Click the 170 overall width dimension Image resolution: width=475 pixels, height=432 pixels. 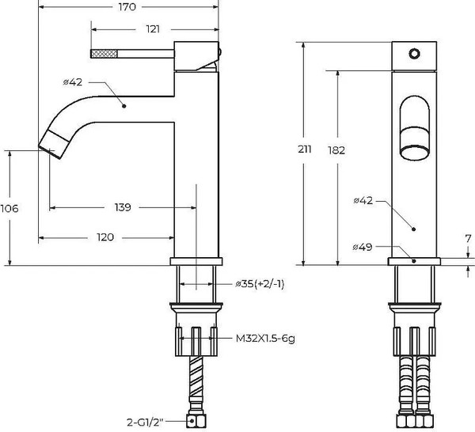coord(127,8)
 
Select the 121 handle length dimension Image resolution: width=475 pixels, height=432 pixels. coord(153,29)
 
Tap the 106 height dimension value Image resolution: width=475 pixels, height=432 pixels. coord(9,208)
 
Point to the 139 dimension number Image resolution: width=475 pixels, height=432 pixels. coord(122,207)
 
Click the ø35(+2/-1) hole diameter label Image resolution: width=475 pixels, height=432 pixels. coord(259,283)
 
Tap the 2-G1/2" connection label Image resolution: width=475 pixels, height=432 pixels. coord(154,422)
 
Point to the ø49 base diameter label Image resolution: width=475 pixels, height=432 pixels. coord(363,248)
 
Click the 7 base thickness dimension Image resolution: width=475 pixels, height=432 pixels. coord(468,238)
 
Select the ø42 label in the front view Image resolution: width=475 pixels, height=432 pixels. coord(363,200)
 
